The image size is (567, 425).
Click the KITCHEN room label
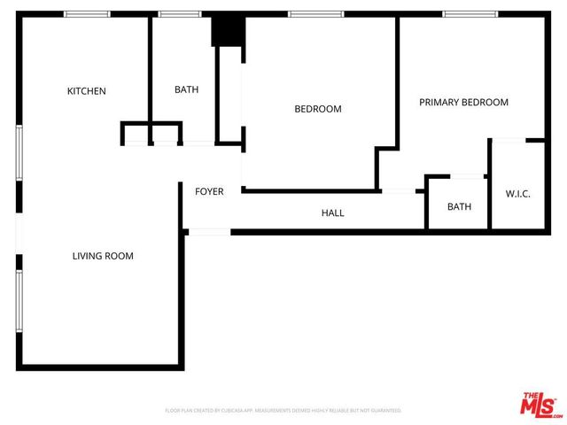pyautogui.click(x=87, y=91)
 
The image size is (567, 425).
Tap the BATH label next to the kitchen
pyautogui.click(x=186, y=89)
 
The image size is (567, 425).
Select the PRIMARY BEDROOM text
pyautogui.click(x=463, y=103)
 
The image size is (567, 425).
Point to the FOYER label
pyautogui.click(x=209, y=191)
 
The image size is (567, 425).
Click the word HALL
pyautogui.click(x=332, y=212)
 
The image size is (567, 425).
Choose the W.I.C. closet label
pyautogui.click(x=517, y=194)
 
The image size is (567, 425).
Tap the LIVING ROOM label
pyautogui.click(x=103, y=256)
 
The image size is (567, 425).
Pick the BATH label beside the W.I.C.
pyautogui.click(x=459, y=207)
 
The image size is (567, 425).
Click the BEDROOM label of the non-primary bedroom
pyautogui.click(x=317, y=109)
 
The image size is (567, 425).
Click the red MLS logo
pyautogui.click(x=540, y=404)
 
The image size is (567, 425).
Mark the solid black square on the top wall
pyautogui.click(x=226, y=30)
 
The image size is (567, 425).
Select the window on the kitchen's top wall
pyautogui.click(x=88, y=14)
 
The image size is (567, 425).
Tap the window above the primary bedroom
pyautogui.click(x=469, y=14)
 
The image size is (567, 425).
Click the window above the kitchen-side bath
pyautogui.click(x=180, y=14)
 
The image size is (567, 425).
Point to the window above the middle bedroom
pyautogui.click(x=316, y=14)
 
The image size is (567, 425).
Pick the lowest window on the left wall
pyautogui.click(x=18, y=301)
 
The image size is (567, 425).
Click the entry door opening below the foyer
pyautogui.click(x=210, y=232)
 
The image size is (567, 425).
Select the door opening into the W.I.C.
pyautogui.click(x=508, y=140)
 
